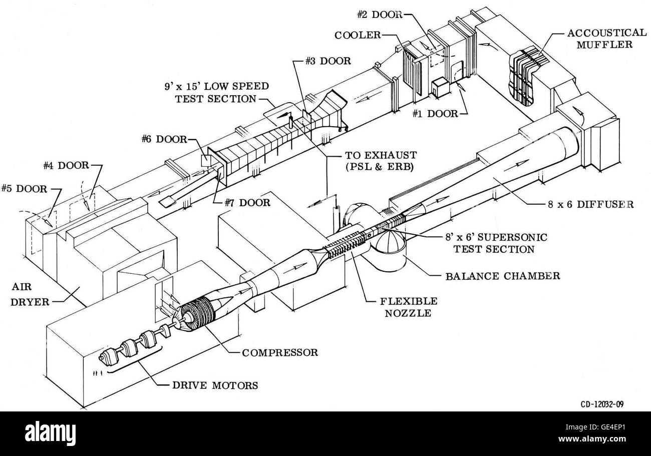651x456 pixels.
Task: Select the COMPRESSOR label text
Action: click(x=280, y=352)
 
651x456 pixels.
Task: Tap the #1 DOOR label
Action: click(x=435, y=114)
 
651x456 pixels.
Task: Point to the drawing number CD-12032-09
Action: click(x=599, y=403)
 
